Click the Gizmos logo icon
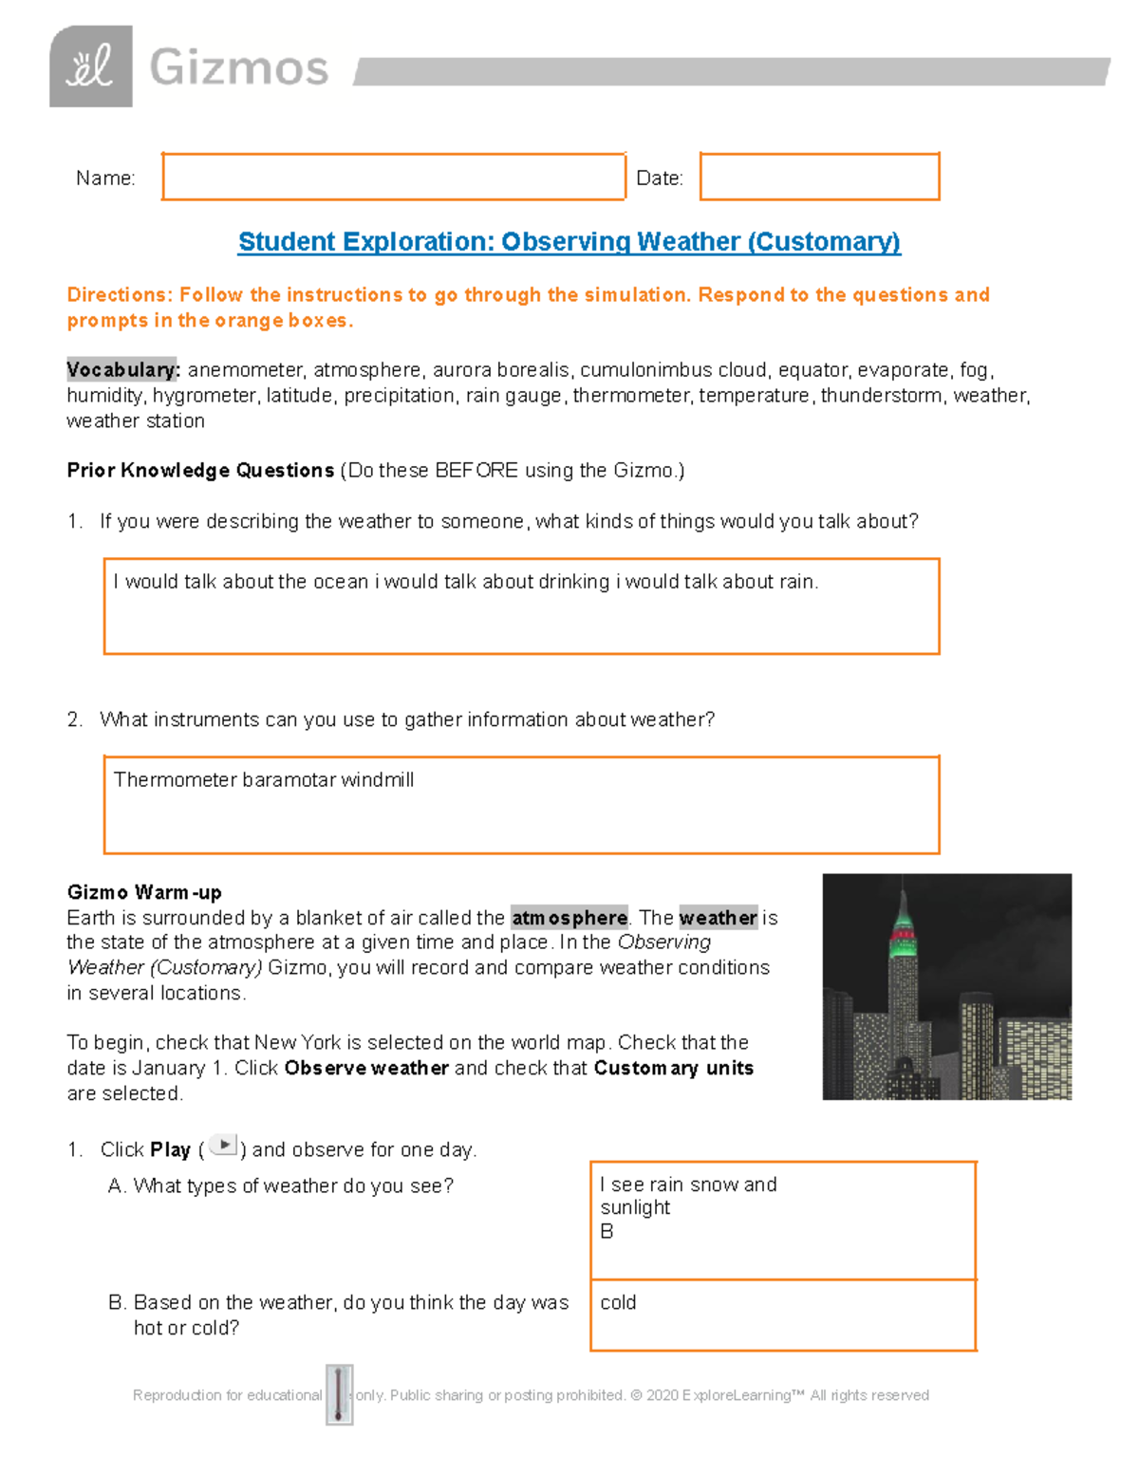coord(91,66)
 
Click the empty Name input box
coord(393,177)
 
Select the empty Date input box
coord(819,177)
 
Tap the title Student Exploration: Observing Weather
coord(569,242)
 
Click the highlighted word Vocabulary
coord(122,369)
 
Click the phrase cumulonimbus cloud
coord(673,369)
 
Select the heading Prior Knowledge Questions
coord(200,470)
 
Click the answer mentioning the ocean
coord(465,582)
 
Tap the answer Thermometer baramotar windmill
coord(264,780)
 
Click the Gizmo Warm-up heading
coord(144,892)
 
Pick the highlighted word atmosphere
coord(569,918)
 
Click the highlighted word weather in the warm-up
coord(718,918)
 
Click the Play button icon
coord(223,1146)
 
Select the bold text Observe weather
coord(366,1068)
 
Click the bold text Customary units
coord(674,1068)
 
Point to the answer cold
coord(618,1302)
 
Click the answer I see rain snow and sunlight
coord(688,1196)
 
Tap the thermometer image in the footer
coord(339,1394)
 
